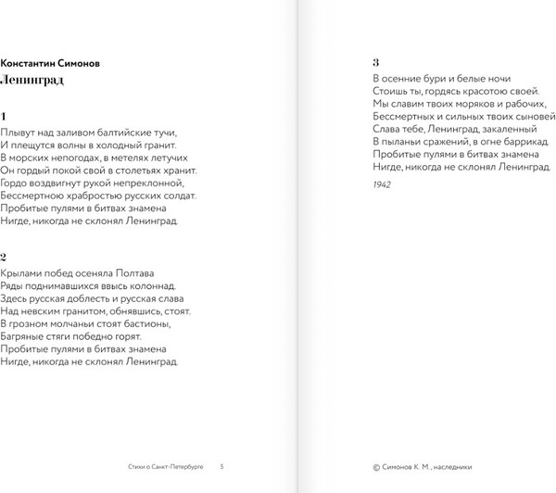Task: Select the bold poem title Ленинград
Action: tap(32, 80)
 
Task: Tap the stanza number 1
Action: tap(4, 117)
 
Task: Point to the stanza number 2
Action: tap(5, 257)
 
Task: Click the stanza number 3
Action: tap(375, 62)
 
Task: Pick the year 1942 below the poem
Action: tap(382, 185)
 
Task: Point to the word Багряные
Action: tap(24, 337)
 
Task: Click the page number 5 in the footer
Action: tap(221, 466)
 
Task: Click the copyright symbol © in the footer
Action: tap(375, 466)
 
